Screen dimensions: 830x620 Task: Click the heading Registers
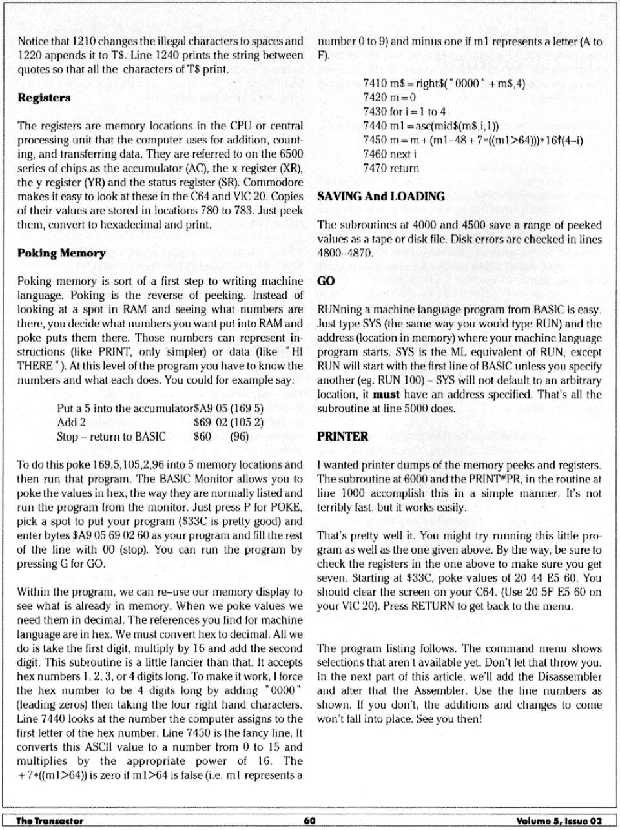point(44,98)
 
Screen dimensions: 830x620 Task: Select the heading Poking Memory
point(61,253)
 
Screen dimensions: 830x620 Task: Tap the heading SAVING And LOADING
point(381,197)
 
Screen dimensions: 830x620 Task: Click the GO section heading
point(326,282)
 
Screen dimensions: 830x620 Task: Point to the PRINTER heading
point(343,437)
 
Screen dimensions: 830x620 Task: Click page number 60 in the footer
point(309,820)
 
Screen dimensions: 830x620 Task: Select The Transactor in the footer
point(50,820)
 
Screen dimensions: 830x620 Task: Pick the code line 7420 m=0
point(389,98)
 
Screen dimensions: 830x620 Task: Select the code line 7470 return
point(391,169)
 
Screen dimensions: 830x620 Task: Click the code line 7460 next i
point(390,154)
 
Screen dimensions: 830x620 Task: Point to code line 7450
point(473,140)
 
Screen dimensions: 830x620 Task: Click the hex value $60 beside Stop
point(203,437)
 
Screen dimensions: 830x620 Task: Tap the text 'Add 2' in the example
point(71,423)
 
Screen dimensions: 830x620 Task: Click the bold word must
point(386,395)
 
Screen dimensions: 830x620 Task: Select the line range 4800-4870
point(345,253)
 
